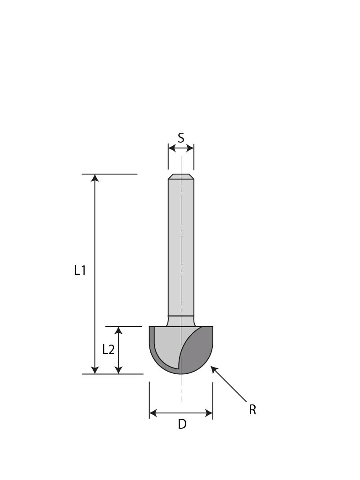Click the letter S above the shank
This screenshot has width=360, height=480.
181,138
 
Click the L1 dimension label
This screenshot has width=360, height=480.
80,270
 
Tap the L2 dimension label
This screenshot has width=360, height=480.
108,350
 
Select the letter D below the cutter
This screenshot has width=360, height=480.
182,424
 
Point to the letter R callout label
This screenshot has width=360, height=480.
252,410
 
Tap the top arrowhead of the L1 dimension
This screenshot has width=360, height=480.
94,178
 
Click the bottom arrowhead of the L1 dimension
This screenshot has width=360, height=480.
94,370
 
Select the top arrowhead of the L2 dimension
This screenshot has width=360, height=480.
118,331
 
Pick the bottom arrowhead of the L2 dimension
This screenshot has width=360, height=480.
118,370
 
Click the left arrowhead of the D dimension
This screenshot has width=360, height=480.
153,413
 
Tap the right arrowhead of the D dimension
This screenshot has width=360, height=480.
209,413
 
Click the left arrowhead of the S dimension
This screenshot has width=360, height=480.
171,148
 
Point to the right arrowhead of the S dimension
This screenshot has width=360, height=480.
190,148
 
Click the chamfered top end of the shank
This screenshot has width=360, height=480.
181,176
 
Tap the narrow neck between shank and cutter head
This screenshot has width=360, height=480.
181,321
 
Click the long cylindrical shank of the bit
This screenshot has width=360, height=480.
181,247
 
